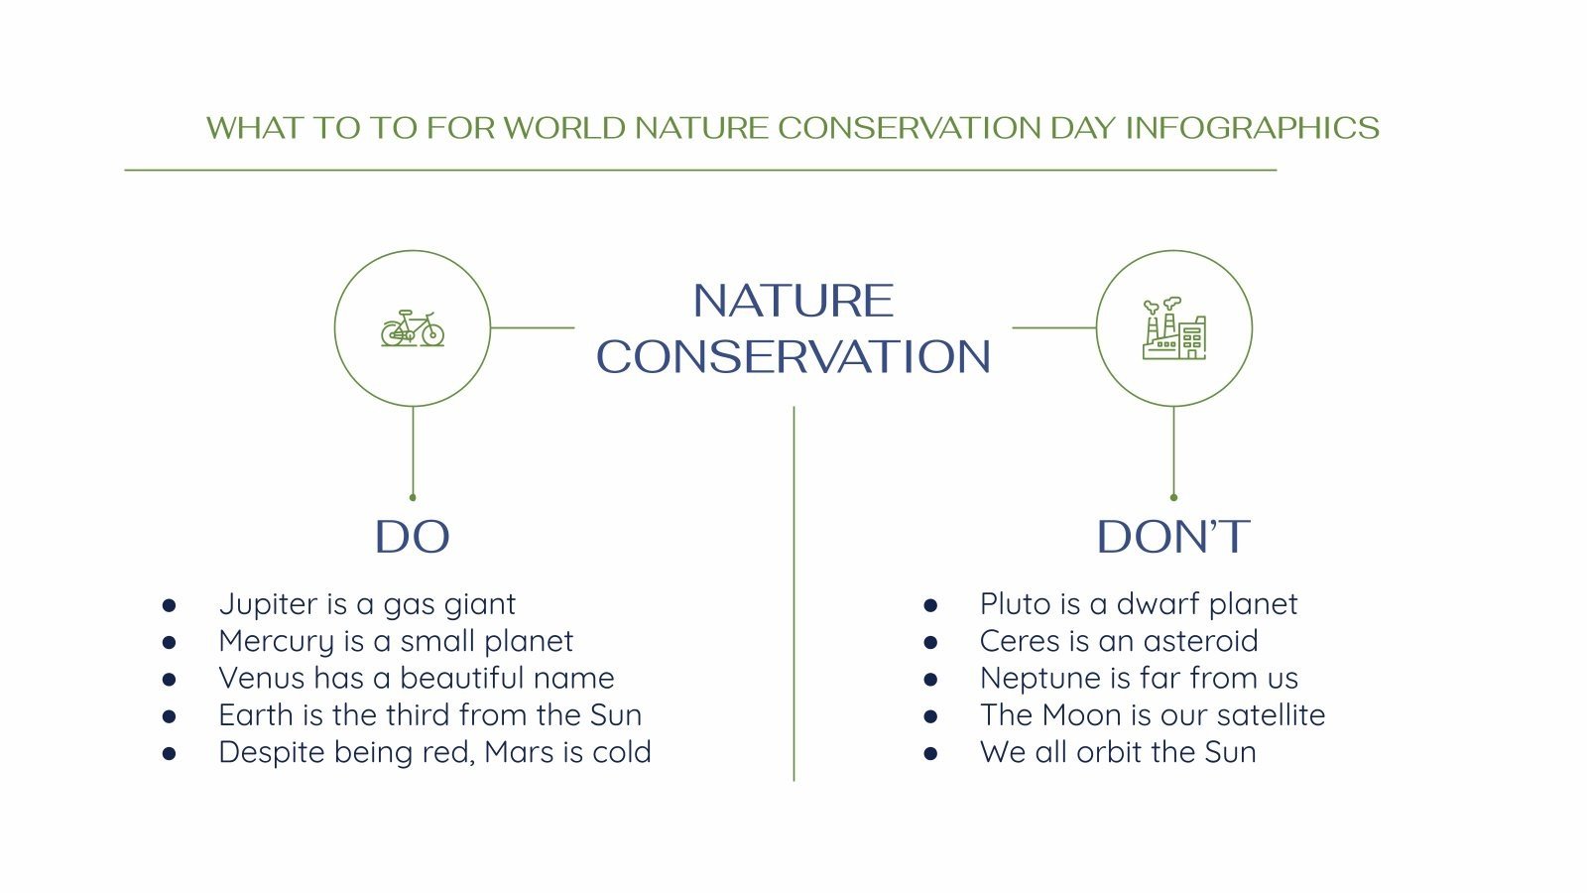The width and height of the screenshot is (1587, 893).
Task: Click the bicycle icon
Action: [x=413, y=328]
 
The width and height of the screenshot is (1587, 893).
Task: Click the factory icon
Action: [x=1174, y=328]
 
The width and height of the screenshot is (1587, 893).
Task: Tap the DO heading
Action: [x=413, y=537]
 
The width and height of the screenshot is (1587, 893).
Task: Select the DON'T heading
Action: [x=1173, y=537]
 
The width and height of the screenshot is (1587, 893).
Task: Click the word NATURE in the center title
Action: [x=793, y=301]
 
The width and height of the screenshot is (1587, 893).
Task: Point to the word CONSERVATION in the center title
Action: [x=793, y=357]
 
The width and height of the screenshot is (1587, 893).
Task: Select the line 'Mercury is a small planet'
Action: [x=396, y=641]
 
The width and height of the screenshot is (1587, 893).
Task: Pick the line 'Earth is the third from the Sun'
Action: [x=429, y=714]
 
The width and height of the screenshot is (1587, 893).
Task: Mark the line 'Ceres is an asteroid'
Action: [x=1119, y=641]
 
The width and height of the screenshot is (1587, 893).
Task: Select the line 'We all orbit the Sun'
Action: [x=1118, y=752]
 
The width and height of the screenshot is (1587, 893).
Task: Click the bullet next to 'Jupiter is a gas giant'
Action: [x=170, y=605]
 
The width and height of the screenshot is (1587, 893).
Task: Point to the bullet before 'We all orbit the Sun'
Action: [x=930, y=753]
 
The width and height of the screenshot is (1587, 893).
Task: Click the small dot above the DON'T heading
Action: [x=1173, y=497]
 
